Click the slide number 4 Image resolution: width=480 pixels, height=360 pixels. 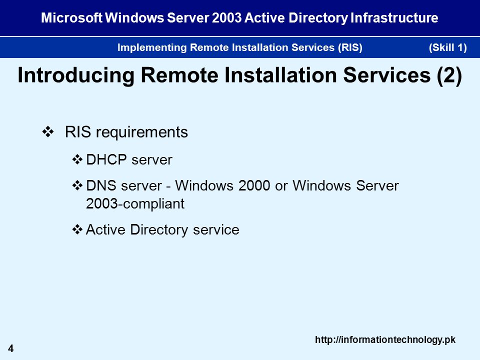point(10,348)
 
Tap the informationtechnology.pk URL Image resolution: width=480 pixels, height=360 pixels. point(385,340)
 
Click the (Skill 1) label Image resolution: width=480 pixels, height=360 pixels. point(448,47)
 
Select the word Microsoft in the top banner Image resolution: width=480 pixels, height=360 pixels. point(72,18)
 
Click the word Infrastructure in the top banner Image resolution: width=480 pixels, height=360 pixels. point(394,18)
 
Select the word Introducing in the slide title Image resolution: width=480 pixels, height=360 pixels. point(76,75)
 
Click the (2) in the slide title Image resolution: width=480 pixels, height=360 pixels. point(449,75)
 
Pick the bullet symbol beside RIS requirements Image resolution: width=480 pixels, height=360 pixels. point(48,132)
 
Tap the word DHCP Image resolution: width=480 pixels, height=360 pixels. point(106,159)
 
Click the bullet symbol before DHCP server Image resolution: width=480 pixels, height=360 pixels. point(77,159)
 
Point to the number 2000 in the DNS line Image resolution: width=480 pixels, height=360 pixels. point(254,185)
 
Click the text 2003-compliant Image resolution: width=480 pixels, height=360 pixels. point(135,204)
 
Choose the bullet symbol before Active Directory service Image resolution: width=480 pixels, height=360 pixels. point(77,229)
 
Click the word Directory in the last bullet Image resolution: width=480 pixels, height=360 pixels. point(159,230)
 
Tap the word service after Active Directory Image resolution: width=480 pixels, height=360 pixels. point(216,230)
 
